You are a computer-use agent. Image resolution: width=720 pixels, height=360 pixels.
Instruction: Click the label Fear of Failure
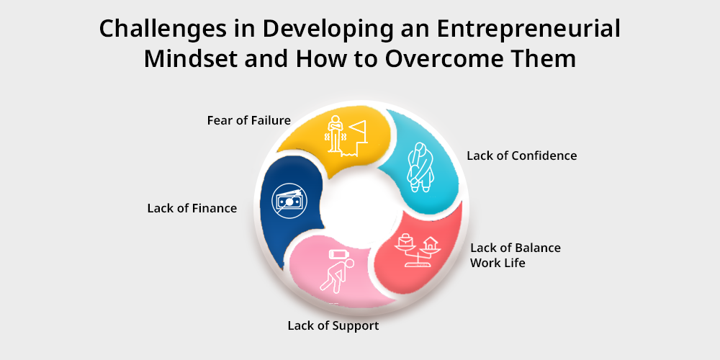point(249,120)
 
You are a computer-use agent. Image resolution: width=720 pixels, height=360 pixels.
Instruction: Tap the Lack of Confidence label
point(521,156)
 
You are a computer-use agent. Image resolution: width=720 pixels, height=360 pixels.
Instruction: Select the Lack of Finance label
point(192,209)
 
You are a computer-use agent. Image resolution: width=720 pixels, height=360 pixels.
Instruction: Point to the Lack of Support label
point(333,326)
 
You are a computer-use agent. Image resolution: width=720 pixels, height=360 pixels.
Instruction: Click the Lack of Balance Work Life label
point(516,256)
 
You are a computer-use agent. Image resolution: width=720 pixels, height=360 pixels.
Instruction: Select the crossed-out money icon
point(289,201)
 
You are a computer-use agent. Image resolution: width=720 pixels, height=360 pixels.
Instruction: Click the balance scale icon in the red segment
point(417,251)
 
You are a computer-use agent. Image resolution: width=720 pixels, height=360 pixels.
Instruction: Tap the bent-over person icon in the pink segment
point(338,276)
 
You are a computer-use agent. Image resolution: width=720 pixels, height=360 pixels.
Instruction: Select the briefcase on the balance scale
point(405,240)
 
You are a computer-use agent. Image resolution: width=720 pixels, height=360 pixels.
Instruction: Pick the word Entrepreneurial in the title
point(528,30)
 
